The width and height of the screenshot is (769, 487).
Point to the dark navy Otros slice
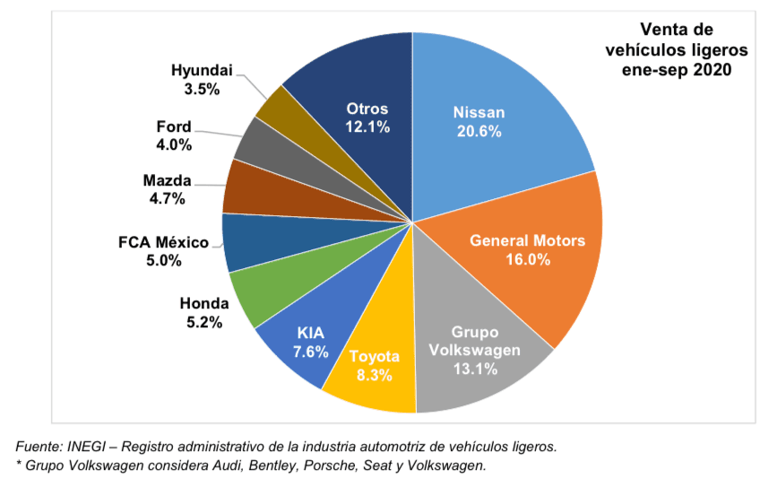[x=359, y=90]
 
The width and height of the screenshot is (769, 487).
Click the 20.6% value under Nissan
[x=478, y=132]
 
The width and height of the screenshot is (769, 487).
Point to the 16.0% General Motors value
[x=527, y=259]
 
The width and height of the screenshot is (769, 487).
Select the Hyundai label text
[x=201, y=70]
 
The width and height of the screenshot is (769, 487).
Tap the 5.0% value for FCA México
[x=163, y=261]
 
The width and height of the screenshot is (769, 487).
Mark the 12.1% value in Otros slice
[x=367, y=127]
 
